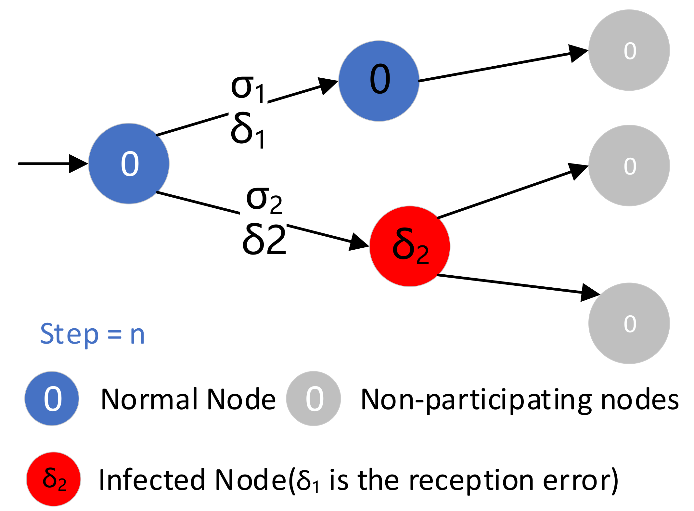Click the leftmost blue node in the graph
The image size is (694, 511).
[129, 164]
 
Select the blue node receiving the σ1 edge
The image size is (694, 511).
[379, 81]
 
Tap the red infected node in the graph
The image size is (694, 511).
[410, 246]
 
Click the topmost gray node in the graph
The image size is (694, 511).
[629, 50]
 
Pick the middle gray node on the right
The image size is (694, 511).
[629, 165]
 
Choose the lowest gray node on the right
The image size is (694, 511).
[629, 323]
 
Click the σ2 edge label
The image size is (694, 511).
[264, 200]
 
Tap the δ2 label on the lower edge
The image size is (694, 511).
[264, 240]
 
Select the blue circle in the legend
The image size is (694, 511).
[52, 399]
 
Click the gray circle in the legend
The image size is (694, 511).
[314, 399]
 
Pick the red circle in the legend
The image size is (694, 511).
[54, 479]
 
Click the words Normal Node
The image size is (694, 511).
[188, 399]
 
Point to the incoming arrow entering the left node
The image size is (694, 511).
[52, 164]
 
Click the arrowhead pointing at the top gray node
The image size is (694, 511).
[578, 53]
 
